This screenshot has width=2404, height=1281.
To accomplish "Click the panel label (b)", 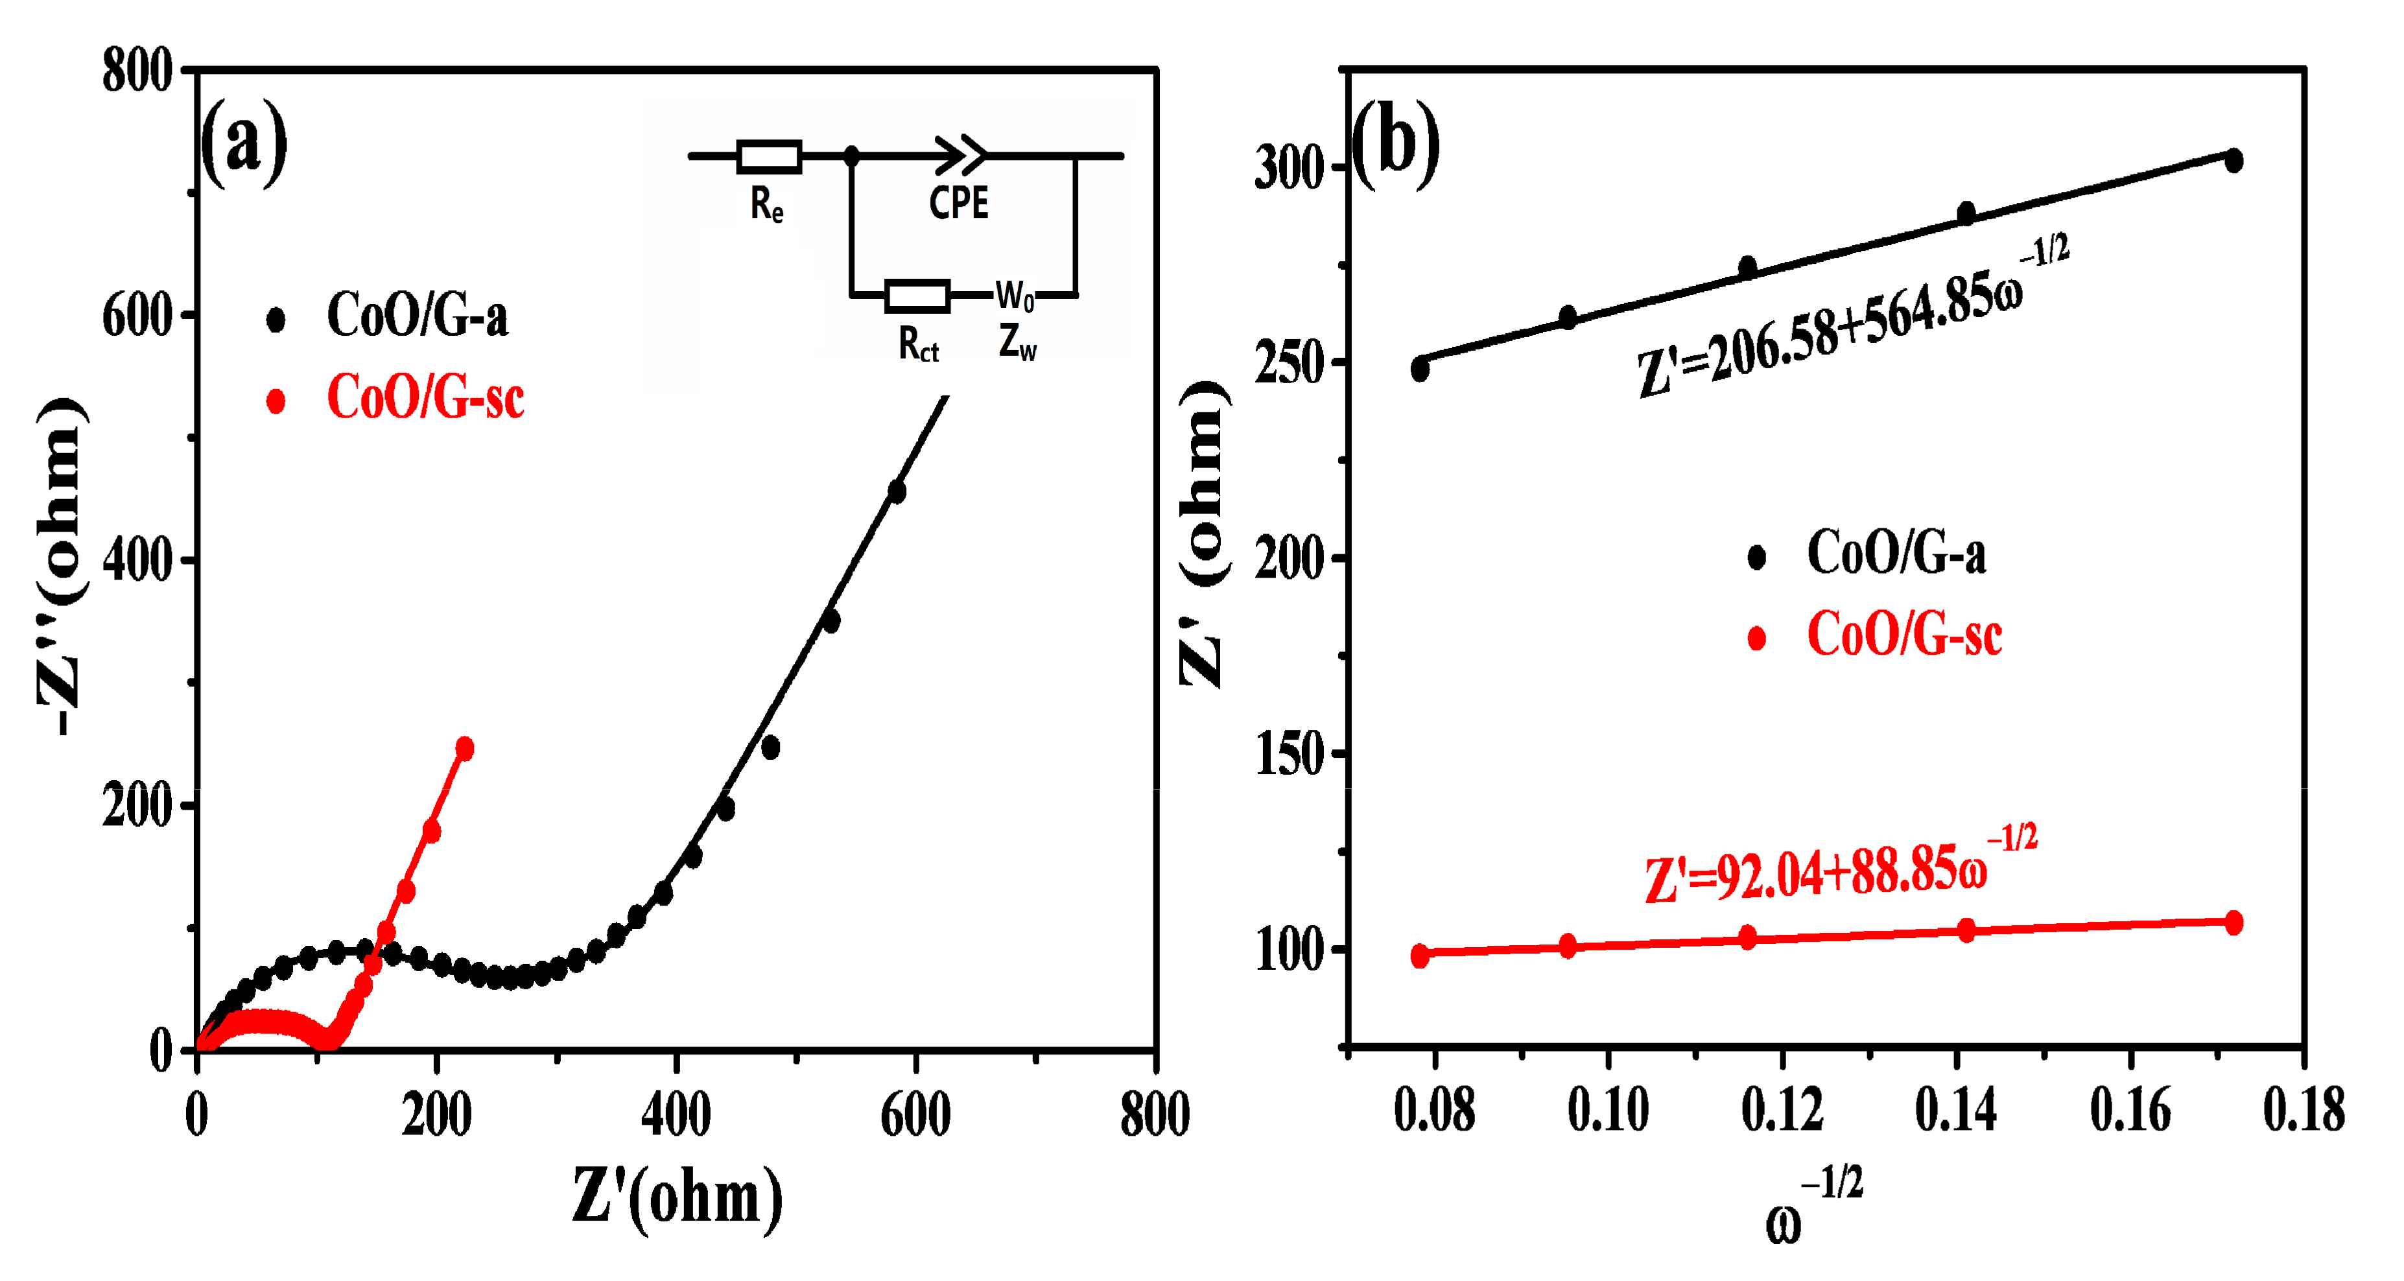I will [x=1396, y=145].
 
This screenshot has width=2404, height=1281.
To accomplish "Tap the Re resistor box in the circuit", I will [x=769, y=157].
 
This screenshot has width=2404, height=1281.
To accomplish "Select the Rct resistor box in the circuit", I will [x=917, y=296].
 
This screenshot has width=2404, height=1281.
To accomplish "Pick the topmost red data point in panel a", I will [x=464, y=748].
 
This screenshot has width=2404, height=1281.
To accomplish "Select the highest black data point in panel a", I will [x=897, y=491].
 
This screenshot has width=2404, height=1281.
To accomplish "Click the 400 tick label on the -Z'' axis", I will [x=137, y=561].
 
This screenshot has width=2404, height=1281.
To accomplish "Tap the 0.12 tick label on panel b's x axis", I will [x=1782, y=1111].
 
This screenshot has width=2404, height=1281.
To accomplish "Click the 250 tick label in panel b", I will [x=1290, y=364].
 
